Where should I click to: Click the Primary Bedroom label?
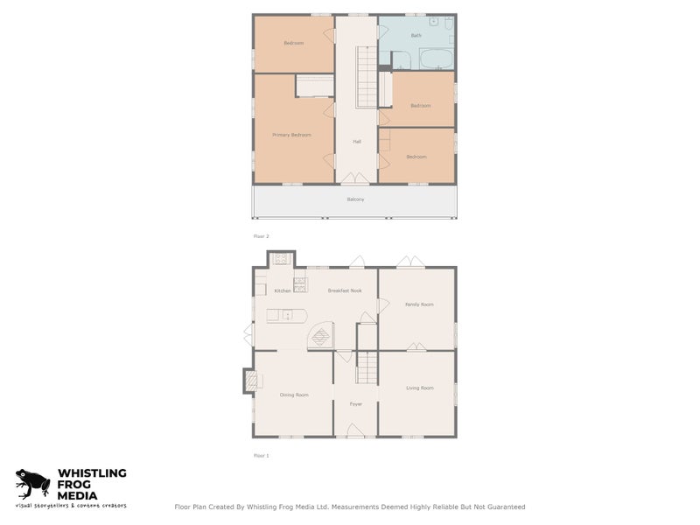[291, 135]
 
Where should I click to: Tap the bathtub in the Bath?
[435, 59]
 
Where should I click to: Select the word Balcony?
[354, 199]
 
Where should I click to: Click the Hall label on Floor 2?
[357, 142]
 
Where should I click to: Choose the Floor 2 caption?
[260, 236]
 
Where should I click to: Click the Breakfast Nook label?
[345, 290]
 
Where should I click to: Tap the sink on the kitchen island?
[286, 316]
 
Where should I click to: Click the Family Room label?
[419, 304]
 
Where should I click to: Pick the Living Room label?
[420, 388]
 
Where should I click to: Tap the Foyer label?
[356, 404]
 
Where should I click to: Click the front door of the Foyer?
[356, 430]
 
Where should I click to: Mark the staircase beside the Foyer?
[367, 367]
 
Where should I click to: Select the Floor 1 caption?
[261, 456]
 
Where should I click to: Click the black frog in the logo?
[33, 484]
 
